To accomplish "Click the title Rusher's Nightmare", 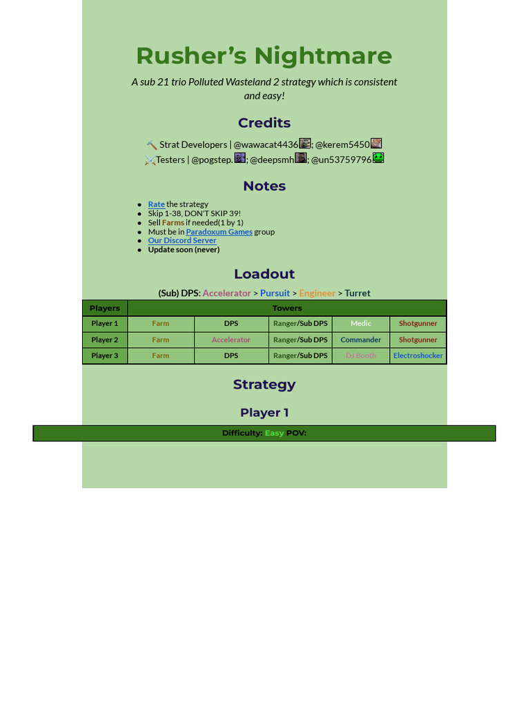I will pyautogui.click(x=264, y=56).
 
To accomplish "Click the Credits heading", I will pyautogui.click(x=264, y=123).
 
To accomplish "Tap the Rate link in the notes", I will pyautogui.click(x=157, y=204).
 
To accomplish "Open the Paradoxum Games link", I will pyautogui.click(x=219, y=232).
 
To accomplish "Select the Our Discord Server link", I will pyautogui.click(x=182, y=241).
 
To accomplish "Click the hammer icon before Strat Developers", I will pyautogui.click(x=152, y=145).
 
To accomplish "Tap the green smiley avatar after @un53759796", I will pyautogui.click(x=378, y=158).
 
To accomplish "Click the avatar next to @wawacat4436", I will pyautogui.click(x=305, y=144).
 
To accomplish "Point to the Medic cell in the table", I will pyautogui.click(x=361, y=324).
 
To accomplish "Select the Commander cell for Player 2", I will pyautogui.click(x=361, y=340).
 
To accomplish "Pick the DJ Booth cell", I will pyautogui.click(x=361, y=356).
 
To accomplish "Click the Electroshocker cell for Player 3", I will pyautogui.click(x=418, y=356).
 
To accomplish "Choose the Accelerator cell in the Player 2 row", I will pyautogui.click(x=231, y=340).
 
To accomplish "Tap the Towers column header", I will pyautogui.click(x=287, y=308).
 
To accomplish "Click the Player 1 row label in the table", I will pyautogui.click(x=105, y=324).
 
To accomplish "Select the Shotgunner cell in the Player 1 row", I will pyautogui.click(x=418, y=324).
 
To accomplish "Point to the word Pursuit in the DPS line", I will pyautogui.click(x=275, y=293).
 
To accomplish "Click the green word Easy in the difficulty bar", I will pyautogui.click(x=274, y=434).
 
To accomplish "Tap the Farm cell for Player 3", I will pyautogui.click(x=161, y=356).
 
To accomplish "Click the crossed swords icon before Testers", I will pyautogui.click(x=150, y=160).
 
